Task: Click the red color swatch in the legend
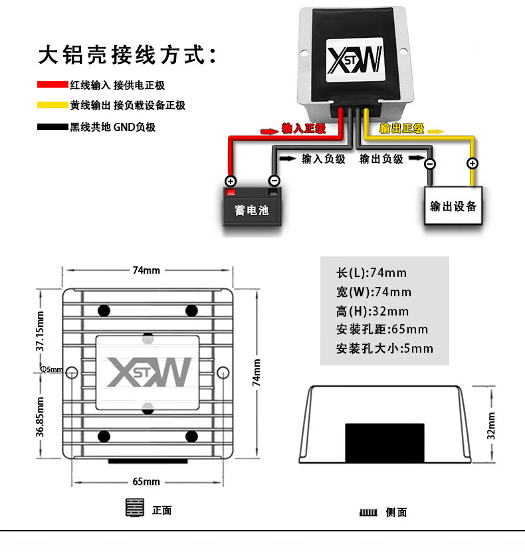coord(52,84)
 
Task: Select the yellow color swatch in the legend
coord(52,105)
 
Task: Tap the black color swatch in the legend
coord(52,127)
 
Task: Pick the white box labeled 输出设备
coord(453,206)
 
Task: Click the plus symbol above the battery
coord(231,181)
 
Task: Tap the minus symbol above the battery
coord(274,181)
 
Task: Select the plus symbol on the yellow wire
coord(472,163)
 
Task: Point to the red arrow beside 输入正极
coord(269,131)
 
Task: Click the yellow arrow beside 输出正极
coord(436,132)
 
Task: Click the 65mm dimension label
coord(146,481)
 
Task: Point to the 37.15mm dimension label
coord(40,331)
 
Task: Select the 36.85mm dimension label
coord(40,417)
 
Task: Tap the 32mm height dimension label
coord(491,426)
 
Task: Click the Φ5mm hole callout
coord(52,369)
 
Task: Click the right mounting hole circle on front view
coord(223,373)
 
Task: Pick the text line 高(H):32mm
coord(372,311)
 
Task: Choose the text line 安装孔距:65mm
coord(382,329)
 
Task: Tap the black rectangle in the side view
coord(385,443)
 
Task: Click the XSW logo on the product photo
coord(355,60)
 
